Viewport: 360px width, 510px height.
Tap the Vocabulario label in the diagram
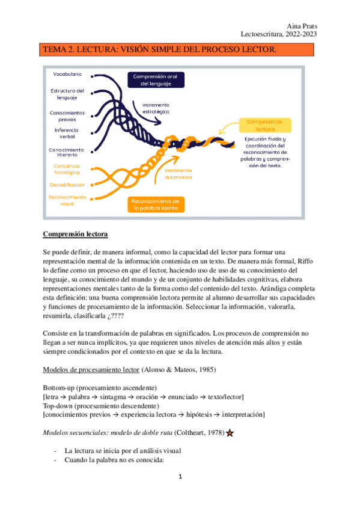tap(67, 75)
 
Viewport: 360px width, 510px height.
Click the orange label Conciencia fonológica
tap(67, 168)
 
